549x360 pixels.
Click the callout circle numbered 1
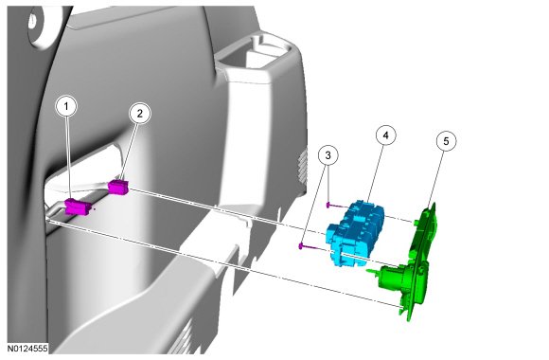(x=66, y=105)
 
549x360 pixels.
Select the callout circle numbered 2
(x=140, y=114)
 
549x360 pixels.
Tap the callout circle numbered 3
(x=328, y=155)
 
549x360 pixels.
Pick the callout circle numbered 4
(x=386, y=135)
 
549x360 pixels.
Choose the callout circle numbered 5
(x=446, y=141)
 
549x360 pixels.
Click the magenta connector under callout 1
(x=79, y=207)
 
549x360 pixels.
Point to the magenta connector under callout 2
(x=118, y=187)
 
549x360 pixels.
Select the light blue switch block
(x=355, y=233)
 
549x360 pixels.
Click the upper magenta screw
(x=335, y=206)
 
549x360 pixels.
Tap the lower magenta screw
(x=309, y=246)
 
